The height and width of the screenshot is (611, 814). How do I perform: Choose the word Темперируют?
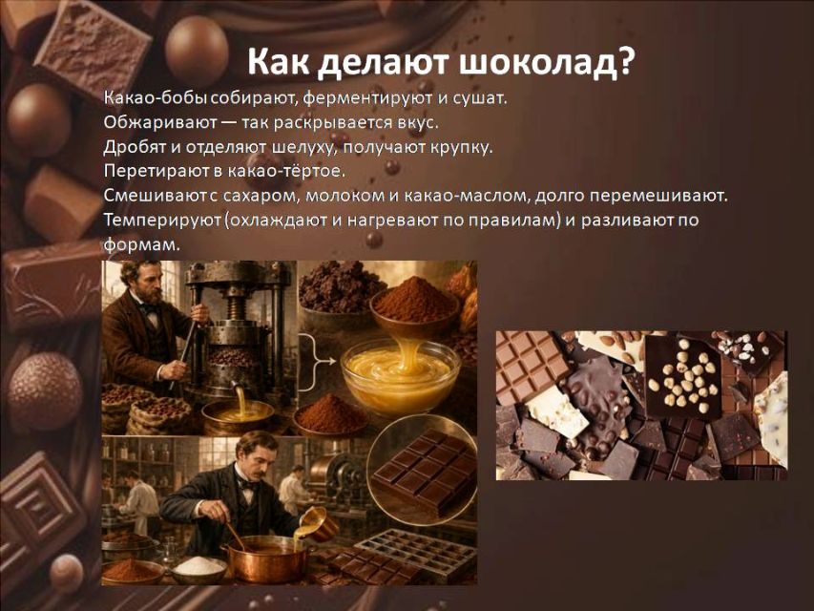coord(163,221)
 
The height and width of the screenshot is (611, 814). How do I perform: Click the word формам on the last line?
coord(140,244)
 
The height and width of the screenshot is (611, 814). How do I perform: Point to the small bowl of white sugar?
coord(198,569)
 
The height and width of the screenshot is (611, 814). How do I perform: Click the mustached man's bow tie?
coord(247,485)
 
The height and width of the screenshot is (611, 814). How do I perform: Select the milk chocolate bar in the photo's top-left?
coord(530,364)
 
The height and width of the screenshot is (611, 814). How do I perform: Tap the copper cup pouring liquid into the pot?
coord(318,522)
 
